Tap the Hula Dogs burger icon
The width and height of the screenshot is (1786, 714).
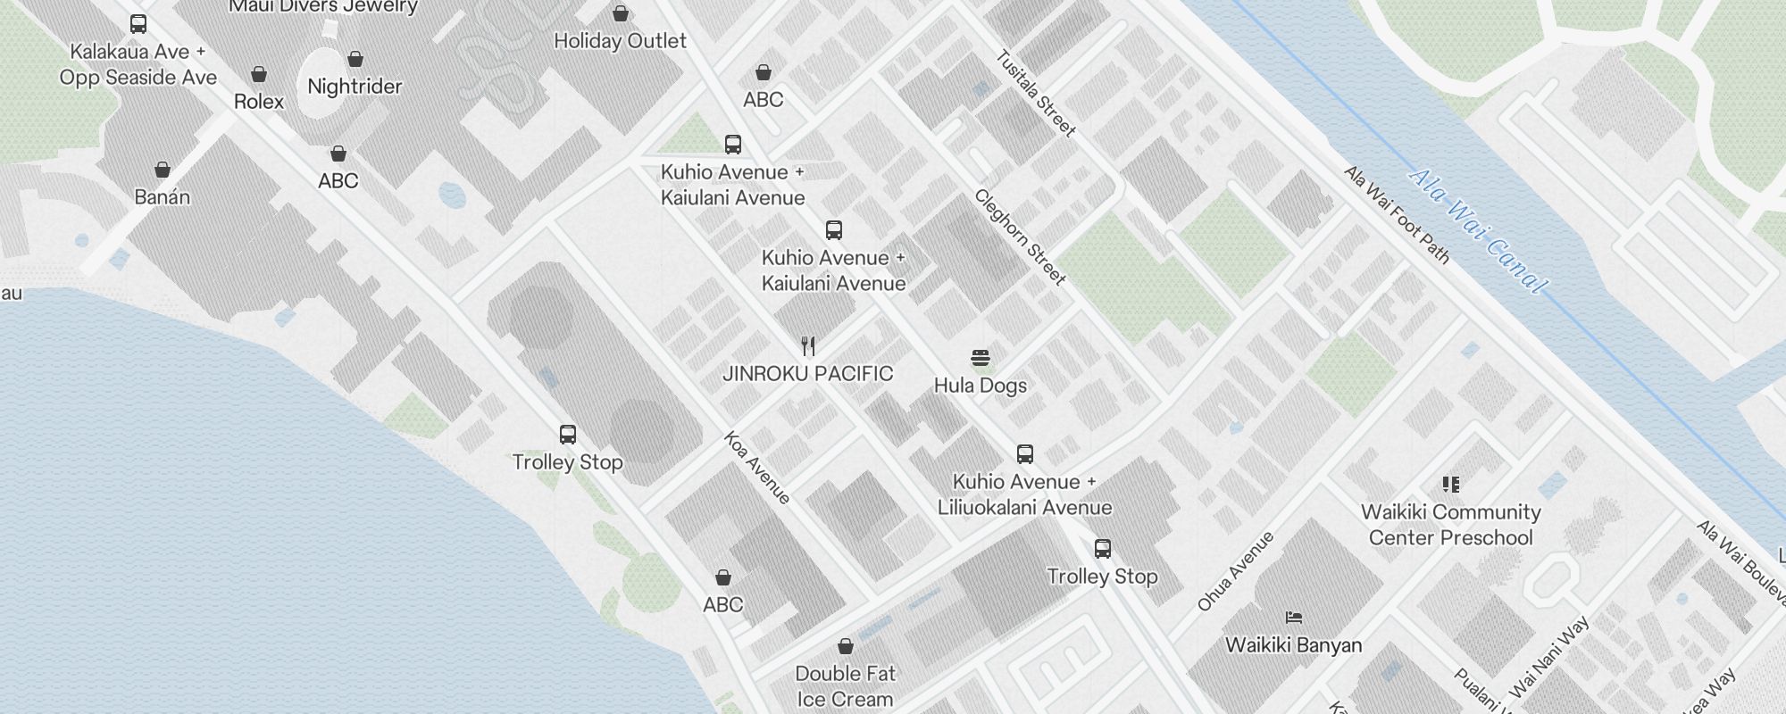point(980,359)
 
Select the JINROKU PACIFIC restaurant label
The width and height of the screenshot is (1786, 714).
point(807,374)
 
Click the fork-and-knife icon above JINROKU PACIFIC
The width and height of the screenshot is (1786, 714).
point(808,346)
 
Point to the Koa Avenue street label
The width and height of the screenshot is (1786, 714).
point(756,468)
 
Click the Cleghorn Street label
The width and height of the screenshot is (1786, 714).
point(1020,237)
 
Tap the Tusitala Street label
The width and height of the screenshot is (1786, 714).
point(1036,94)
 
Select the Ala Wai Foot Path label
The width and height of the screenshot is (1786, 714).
point(1397,214)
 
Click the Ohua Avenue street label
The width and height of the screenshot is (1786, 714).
point(1236,571)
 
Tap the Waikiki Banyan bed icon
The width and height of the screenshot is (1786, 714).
point(1294,617)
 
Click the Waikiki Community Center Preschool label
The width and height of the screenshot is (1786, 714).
point(1450,525)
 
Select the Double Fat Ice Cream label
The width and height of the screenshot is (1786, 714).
point(845,686)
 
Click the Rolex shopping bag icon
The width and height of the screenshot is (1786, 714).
point(259,74)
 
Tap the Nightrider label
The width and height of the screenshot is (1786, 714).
point(355,87)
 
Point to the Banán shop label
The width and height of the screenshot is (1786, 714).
point(162,197)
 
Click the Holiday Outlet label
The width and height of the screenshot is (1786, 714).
point(620,41)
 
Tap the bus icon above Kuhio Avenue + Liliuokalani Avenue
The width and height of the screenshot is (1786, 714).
point(1025,454)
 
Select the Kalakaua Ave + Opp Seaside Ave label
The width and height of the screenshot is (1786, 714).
point(138,65)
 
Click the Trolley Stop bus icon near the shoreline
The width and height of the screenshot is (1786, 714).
point(567,435)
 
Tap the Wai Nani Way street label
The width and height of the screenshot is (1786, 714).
point(1549,658)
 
